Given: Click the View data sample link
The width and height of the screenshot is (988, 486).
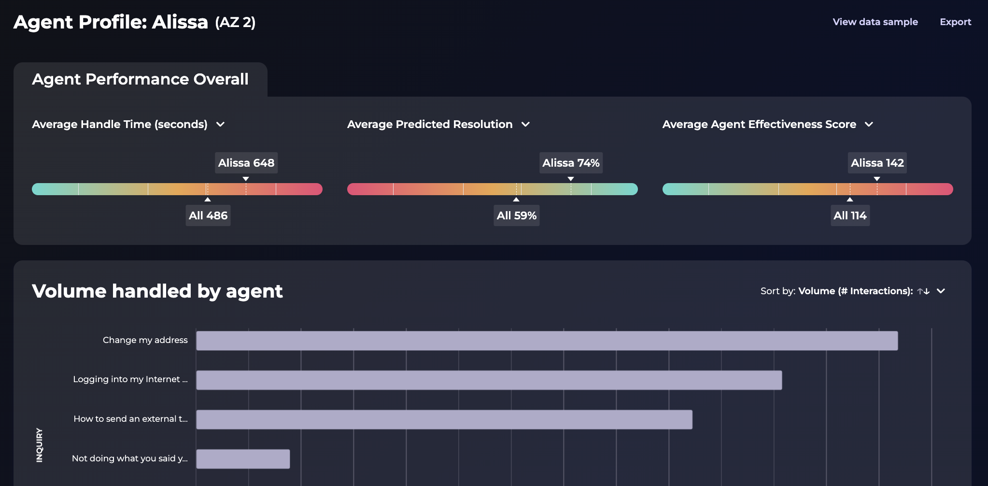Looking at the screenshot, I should [x=875, y=22].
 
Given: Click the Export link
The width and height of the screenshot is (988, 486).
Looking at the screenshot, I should [x=955, y=22].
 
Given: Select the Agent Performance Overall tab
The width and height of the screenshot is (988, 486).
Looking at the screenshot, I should [x=140, y=79].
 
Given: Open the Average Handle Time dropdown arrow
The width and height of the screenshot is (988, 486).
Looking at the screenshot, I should [x=221, y=125].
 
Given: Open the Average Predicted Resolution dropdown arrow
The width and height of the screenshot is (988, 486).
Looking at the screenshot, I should [x=526, y=125].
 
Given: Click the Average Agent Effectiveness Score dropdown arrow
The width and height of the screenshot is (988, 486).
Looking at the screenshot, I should [x=869, y=125].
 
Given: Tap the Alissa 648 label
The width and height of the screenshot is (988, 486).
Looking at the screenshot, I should [x=246, y=163].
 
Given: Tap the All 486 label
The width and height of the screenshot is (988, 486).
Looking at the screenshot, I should [x=208, y=215].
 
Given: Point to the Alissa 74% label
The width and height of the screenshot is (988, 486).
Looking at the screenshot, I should [x=571, y=163].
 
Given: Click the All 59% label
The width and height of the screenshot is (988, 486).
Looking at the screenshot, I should [x=517, y=215].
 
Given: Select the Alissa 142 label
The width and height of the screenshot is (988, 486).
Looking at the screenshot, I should [x=877, y=163].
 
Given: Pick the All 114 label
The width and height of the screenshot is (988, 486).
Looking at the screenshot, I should [x=850, y=215].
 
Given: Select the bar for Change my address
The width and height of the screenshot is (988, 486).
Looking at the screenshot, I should [x=547, y=341].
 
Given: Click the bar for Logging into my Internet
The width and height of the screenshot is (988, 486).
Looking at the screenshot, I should [x=489, y=380].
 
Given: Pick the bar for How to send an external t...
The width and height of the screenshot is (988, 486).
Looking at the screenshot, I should [x=444, y=419].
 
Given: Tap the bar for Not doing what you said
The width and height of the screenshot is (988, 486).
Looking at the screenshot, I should [x=243, y=459].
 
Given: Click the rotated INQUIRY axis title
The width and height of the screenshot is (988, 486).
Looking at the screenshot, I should [x=40, y=445].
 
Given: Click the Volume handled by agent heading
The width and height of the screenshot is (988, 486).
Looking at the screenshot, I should [x=157, y=291].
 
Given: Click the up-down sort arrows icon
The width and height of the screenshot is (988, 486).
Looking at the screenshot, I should [x=923, y=291].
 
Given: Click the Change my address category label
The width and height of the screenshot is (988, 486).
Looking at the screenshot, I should [x=145, y=340].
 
